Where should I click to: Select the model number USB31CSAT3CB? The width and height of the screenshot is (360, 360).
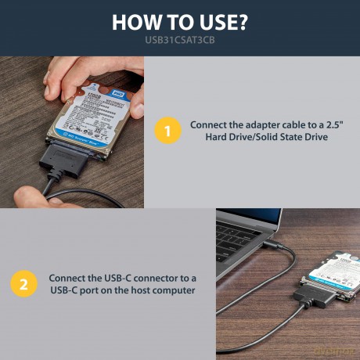tap(180, 40)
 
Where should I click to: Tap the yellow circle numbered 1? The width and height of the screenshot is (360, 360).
tap(167, 131)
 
